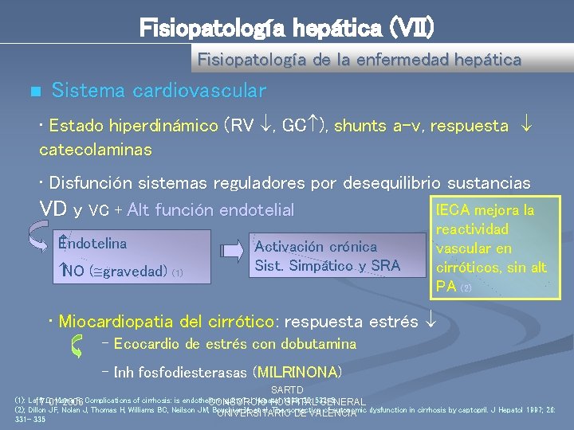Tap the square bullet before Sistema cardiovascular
(x=33, y=92)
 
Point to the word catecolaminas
(x=96, y=149)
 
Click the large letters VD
(x=53, y=209)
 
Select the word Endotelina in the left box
(x=92, y=244)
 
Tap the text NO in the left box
(x=73, y=272)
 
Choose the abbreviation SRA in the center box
(x=384, y=266)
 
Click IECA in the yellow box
(x=453, y=211)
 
